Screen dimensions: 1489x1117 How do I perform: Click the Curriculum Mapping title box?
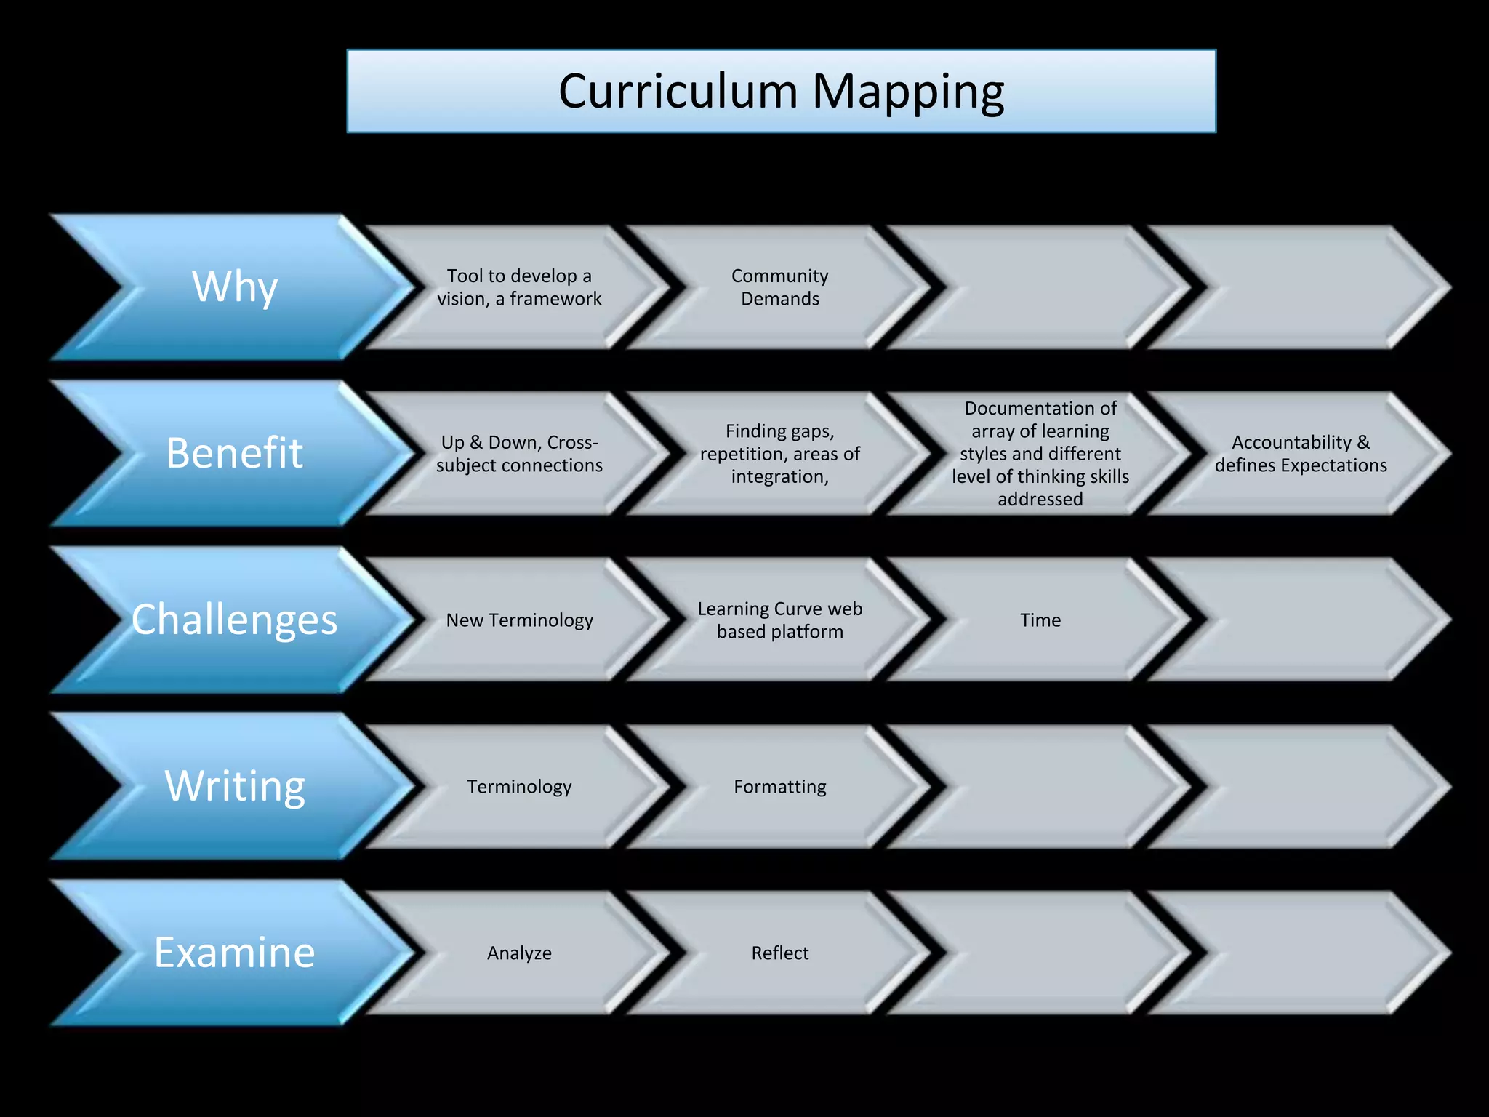click(x=781, y=92)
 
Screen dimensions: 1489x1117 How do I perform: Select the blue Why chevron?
click(x=234, y=287)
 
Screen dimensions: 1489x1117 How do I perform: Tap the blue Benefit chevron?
click(x=234, y=452)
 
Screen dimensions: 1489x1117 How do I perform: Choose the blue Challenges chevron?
click(x=234, y=620)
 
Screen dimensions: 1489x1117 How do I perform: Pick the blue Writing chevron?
click(x=234, y=785)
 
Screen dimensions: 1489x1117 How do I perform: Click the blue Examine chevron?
click(x=234, y=952)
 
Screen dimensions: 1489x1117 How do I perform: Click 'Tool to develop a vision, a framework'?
click(x=519, y=287)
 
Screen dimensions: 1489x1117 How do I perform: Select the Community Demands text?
click(x=779, y=287)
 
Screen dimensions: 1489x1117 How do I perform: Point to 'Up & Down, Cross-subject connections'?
click(x=519, y=454)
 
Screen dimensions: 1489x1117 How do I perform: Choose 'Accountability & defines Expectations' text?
click(x=1300, y=454)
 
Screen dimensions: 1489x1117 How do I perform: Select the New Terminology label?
click(x=519, y=620)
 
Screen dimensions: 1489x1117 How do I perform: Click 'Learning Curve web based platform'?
click(x=779, y=620)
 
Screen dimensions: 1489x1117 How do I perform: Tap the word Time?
click(x=1040, y=620)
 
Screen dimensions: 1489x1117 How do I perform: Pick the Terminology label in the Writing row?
click(x=519, y=787)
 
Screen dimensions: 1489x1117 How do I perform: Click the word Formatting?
click(x=779, y=787)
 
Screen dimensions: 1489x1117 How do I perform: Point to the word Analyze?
click(x=519, y=953)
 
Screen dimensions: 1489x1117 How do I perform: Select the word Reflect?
click(x=779, y=953)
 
